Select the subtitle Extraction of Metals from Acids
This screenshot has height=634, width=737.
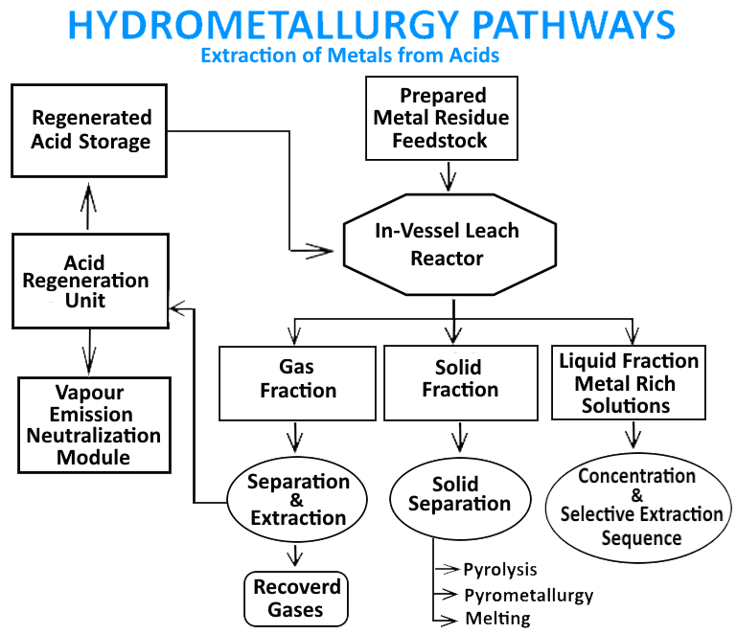tap(350, 56)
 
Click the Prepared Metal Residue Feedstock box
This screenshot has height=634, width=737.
tap(442, 119)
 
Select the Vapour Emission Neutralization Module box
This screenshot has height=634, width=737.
tap(94, 425)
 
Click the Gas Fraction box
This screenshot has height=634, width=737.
tap(295, 381)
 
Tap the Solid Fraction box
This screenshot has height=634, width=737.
tap(459, 381)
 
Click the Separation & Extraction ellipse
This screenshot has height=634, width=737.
tap(297, 500)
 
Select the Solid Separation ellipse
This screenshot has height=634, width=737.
tap(458, 495)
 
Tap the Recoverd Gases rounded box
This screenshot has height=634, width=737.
tap(296, 599)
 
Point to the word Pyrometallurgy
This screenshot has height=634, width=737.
tap(528, 595)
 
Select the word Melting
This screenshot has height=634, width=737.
tap(496, 618)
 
